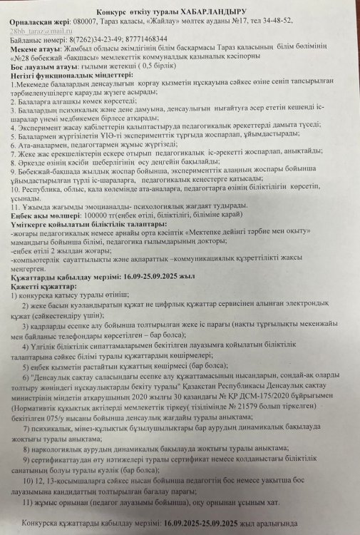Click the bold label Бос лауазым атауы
click(x=40, y=76)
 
